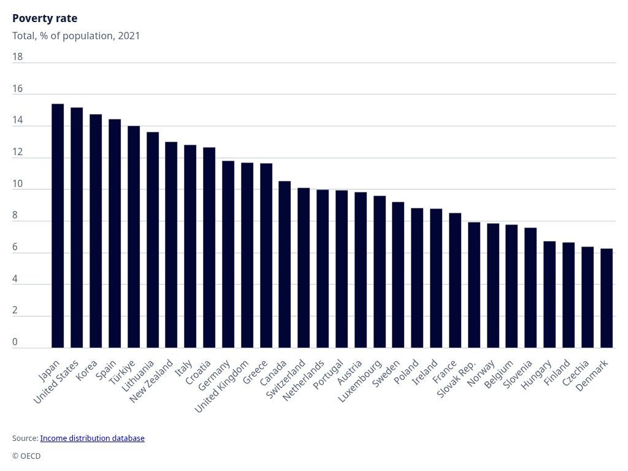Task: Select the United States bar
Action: (77, 228)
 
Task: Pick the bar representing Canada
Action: (285, 264)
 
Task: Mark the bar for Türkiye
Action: (134, 237)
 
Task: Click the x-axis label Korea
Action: (87, 370)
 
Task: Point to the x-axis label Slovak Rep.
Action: (457, 380)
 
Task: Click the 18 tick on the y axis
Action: (17, 57)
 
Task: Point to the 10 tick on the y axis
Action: (17, 184)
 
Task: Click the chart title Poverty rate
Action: (45, 18)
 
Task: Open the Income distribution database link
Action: (92, 438)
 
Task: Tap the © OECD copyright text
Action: (26, 456)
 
